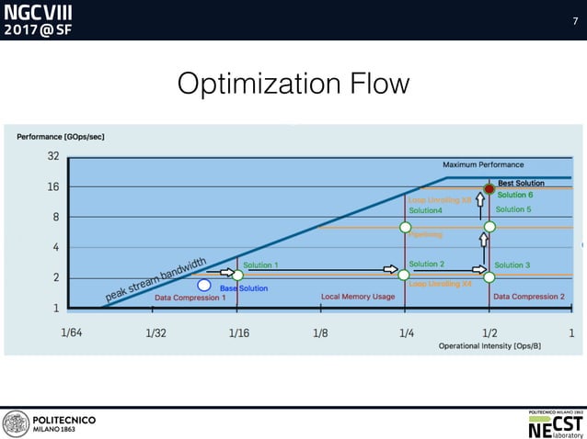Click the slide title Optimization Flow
point(293,84)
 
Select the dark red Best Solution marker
point(489,189)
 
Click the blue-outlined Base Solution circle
point(204,285)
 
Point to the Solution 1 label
point(260,265)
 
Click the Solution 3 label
point(512,265)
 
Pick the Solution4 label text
point(425,210)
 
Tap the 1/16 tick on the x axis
point(237,333)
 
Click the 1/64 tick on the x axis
point(71,333)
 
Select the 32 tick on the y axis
point(53,156)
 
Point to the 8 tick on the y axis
point(55,218)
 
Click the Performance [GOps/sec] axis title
point(61,137)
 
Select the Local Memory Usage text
point(358,297)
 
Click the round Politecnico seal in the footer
point(16,423)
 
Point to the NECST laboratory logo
point(555,422)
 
